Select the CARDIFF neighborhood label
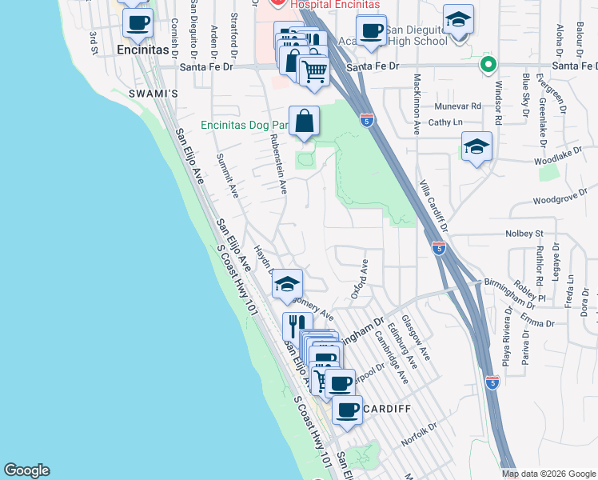(x=386, y=409)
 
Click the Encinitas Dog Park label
(x=244, y=125)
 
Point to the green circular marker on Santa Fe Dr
(x=487, y=65)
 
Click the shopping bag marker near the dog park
(x=305, y=122)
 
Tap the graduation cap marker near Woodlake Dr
(x=476, y=147)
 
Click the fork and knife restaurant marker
(x=294, y=326)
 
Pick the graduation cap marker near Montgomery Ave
(x=287, y=285)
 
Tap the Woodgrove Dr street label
(x=560, y=197)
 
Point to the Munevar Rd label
(x=458, y=106)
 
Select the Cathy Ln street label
(x=445, y=122)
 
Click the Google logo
(x=26, y=470)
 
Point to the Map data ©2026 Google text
(x=548, y=474)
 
